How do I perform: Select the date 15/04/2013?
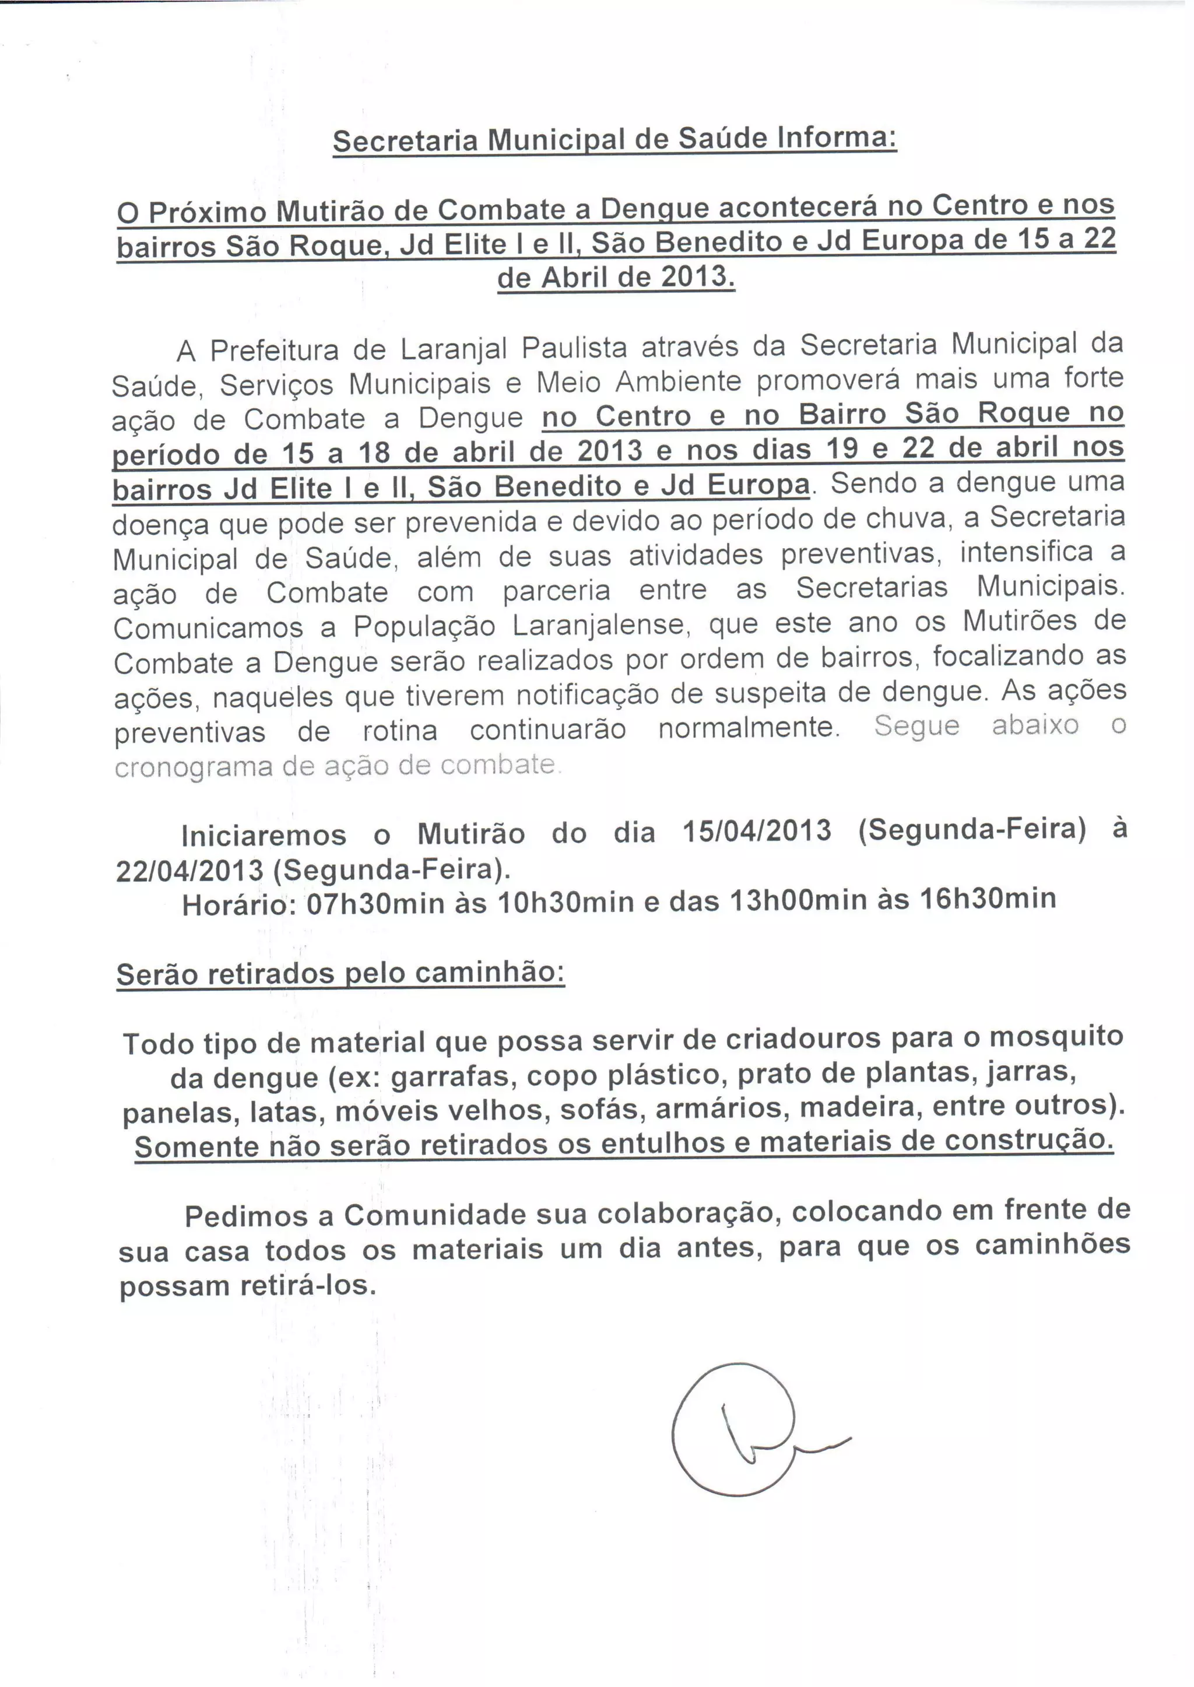[x=757, y=831]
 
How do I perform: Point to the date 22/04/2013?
[x=189, y=871]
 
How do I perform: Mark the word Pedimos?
[x=245, y=1216]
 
